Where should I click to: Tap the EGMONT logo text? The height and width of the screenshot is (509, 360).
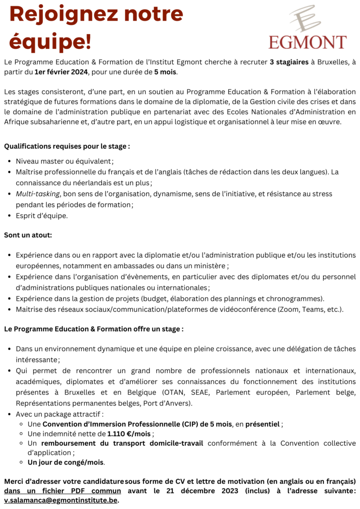307,42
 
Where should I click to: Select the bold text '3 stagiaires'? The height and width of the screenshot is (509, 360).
289,62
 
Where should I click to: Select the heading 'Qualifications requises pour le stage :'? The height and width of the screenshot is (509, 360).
67,146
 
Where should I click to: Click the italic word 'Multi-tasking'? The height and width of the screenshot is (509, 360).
37,194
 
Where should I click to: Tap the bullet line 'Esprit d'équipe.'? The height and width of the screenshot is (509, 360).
42,216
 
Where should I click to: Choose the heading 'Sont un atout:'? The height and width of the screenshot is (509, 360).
28,235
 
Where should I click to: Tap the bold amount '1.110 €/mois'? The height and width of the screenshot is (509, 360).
129,434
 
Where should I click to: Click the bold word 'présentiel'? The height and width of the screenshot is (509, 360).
262,424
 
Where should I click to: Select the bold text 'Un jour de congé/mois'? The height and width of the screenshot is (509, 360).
66,462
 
